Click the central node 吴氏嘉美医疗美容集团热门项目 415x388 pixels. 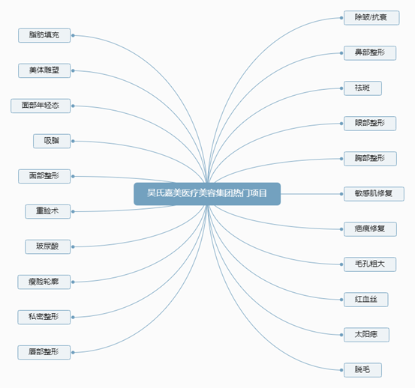point(207,194)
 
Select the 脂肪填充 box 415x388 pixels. point(44,35)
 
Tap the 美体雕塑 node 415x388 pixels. point(44,70)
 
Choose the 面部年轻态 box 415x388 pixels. point(41,106)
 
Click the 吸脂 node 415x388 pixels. point(52,141)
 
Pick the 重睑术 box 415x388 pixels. point(47,211)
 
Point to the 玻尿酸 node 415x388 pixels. point(47,246)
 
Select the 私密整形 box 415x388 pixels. point(44,317)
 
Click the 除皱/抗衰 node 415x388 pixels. point(371,18)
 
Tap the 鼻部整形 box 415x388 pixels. point(370,53)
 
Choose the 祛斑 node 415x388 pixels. point(362,88)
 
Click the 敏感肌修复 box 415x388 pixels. point(374,194)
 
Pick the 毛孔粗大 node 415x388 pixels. point(370,264)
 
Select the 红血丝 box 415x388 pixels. point(366,300)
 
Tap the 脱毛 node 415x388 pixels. point(362,370)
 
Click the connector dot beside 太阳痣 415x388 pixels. point(341,335)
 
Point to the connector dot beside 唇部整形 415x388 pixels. point(73,352)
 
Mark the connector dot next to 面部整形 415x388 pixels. point(73,176)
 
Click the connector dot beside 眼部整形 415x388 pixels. point(341,124)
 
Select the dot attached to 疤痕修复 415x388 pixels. point(341,229)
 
